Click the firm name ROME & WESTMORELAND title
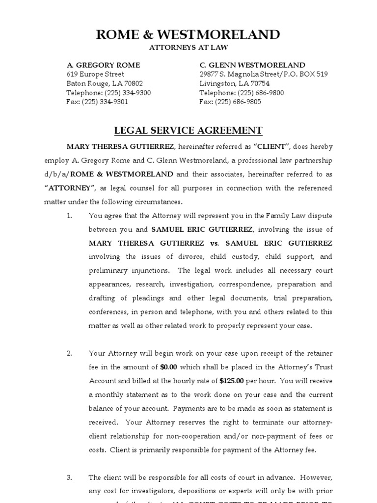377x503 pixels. pyautogui.click(x=188, y=34)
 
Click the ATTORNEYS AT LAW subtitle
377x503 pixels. pyautogui.click(x=188, y=47)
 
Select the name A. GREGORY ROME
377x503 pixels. pyautogui.click(x=103, y=65)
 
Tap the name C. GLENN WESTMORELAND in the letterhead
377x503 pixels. pyautogui.click(x=252, y=65)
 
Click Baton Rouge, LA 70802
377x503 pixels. pyautogui.click(x=105, y=84)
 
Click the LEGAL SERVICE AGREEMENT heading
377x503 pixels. pyautogui.click(x=188, y=131)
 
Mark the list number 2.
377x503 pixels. pyautogui.click(x=69, y=353)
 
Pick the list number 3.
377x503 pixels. pyautogui.click(x=69, y=477)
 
